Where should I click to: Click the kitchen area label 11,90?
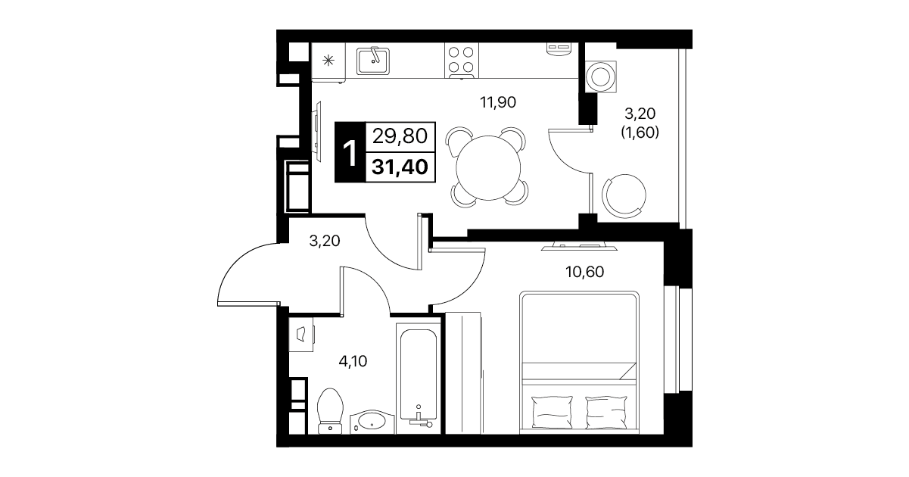tap(498, 102)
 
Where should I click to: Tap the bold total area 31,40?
tap(400, 167)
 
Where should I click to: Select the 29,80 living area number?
tap(400, 136)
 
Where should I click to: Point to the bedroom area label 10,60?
tap(585, 272)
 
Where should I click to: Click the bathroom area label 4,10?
tap(353, 360)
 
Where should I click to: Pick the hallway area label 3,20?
tap(324, 241)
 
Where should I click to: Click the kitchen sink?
tap(373, 61)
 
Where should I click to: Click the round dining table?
tap(488, 167)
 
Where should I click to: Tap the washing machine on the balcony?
tap(601, 76)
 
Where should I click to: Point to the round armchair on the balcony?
tap(624, 195)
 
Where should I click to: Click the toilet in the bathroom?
tap(329, 411)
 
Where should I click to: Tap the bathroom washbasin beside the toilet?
tap(372, 422)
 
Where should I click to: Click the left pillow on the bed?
tap(552, 412)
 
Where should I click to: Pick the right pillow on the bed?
tap(606, 412)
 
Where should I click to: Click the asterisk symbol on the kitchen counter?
tap(328, 61)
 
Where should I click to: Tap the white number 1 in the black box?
tap(350, 153)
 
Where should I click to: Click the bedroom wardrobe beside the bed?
tap(463, 373)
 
